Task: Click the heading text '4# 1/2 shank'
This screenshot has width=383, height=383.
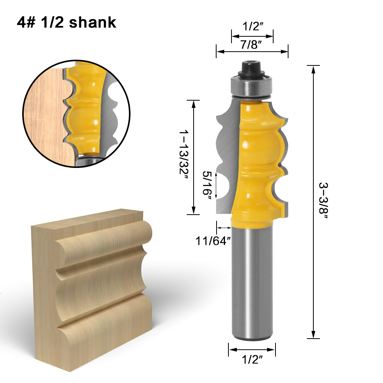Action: click(x=66, y=22)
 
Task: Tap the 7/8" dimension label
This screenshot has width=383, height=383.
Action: click(x=251, y=44)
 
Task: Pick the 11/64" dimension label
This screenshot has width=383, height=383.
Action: click(x=214, y=241)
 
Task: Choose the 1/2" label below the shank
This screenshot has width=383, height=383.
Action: click(x=252, y=359)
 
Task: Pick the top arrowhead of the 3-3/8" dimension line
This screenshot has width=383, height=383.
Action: click(x=313, y=69)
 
